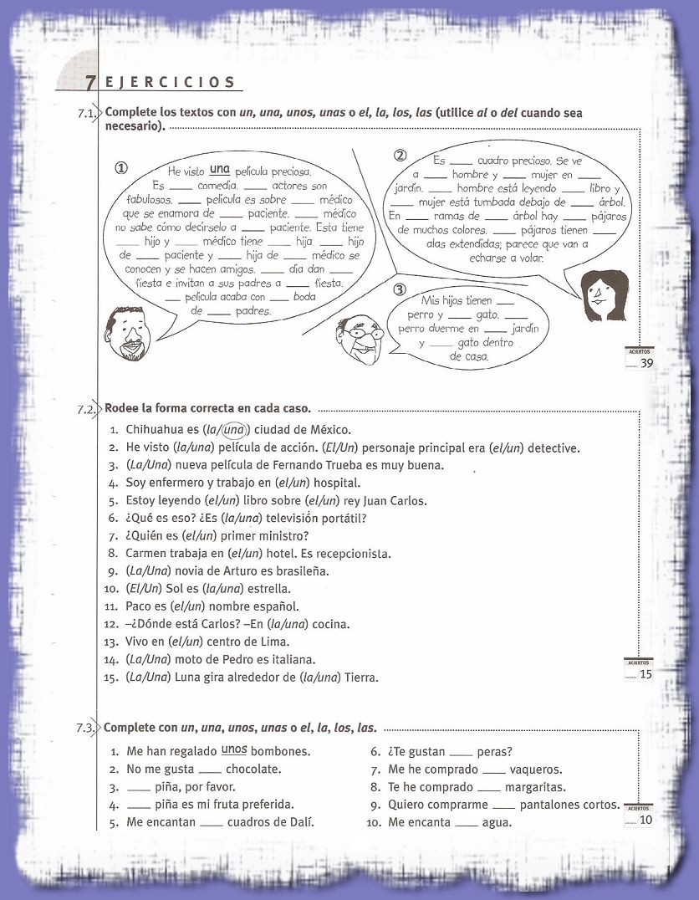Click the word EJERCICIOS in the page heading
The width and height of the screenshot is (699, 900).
171,82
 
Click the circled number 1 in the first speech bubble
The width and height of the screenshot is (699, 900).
122,168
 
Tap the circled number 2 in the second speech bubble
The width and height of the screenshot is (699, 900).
400,156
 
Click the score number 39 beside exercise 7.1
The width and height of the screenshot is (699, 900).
646,363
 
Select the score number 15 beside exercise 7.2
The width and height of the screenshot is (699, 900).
645,674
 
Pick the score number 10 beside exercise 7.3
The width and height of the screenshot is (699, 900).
645,820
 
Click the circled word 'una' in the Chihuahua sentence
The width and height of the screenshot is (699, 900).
237,430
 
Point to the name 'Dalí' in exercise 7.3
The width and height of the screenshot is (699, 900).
300,822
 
